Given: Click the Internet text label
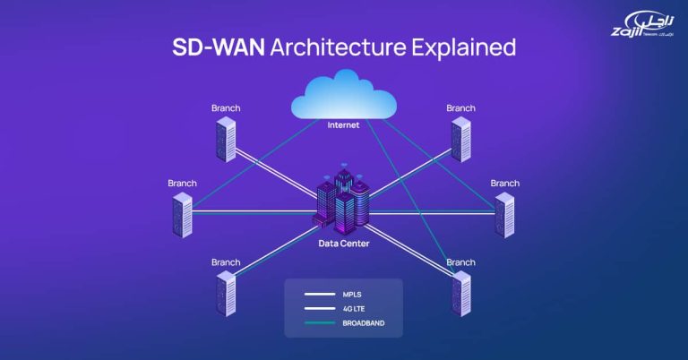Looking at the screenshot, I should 344,125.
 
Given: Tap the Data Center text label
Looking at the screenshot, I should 343,243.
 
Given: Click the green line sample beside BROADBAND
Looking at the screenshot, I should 318,322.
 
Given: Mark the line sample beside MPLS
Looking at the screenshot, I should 318,293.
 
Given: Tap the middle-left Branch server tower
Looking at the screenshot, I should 183,215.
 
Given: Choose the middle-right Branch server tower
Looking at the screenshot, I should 504,215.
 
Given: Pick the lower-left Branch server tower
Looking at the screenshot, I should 227,294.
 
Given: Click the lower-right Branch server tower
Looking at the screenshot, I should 460,294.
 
